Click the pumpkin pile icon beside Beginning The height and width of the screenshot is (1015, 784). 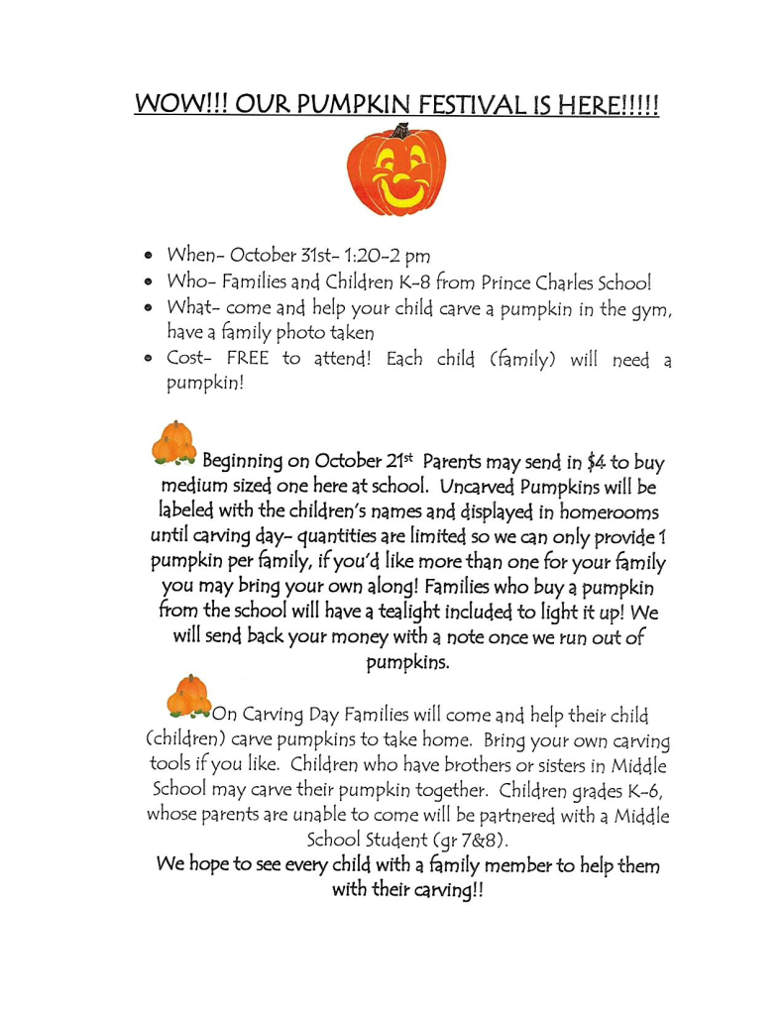click(x=174, y=444)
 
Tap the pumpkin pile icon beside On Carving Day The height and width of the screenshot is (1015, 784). click(x=188, y=697)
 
